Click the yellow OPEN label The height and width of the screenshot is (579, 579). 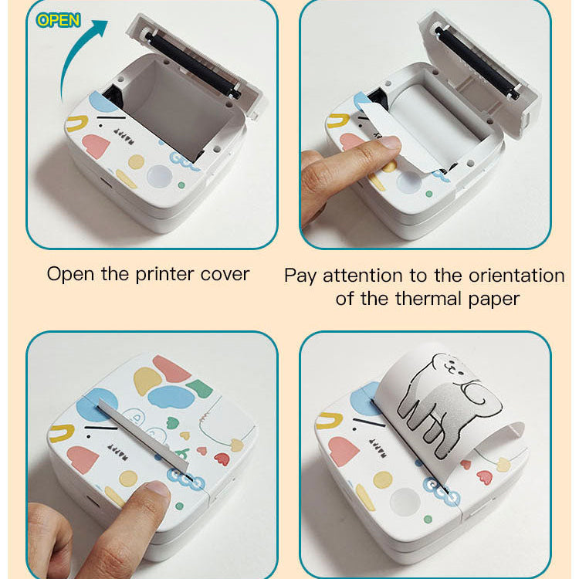[58, 20]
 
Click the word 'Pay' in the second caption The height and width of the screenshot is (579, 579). [301, 276]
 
